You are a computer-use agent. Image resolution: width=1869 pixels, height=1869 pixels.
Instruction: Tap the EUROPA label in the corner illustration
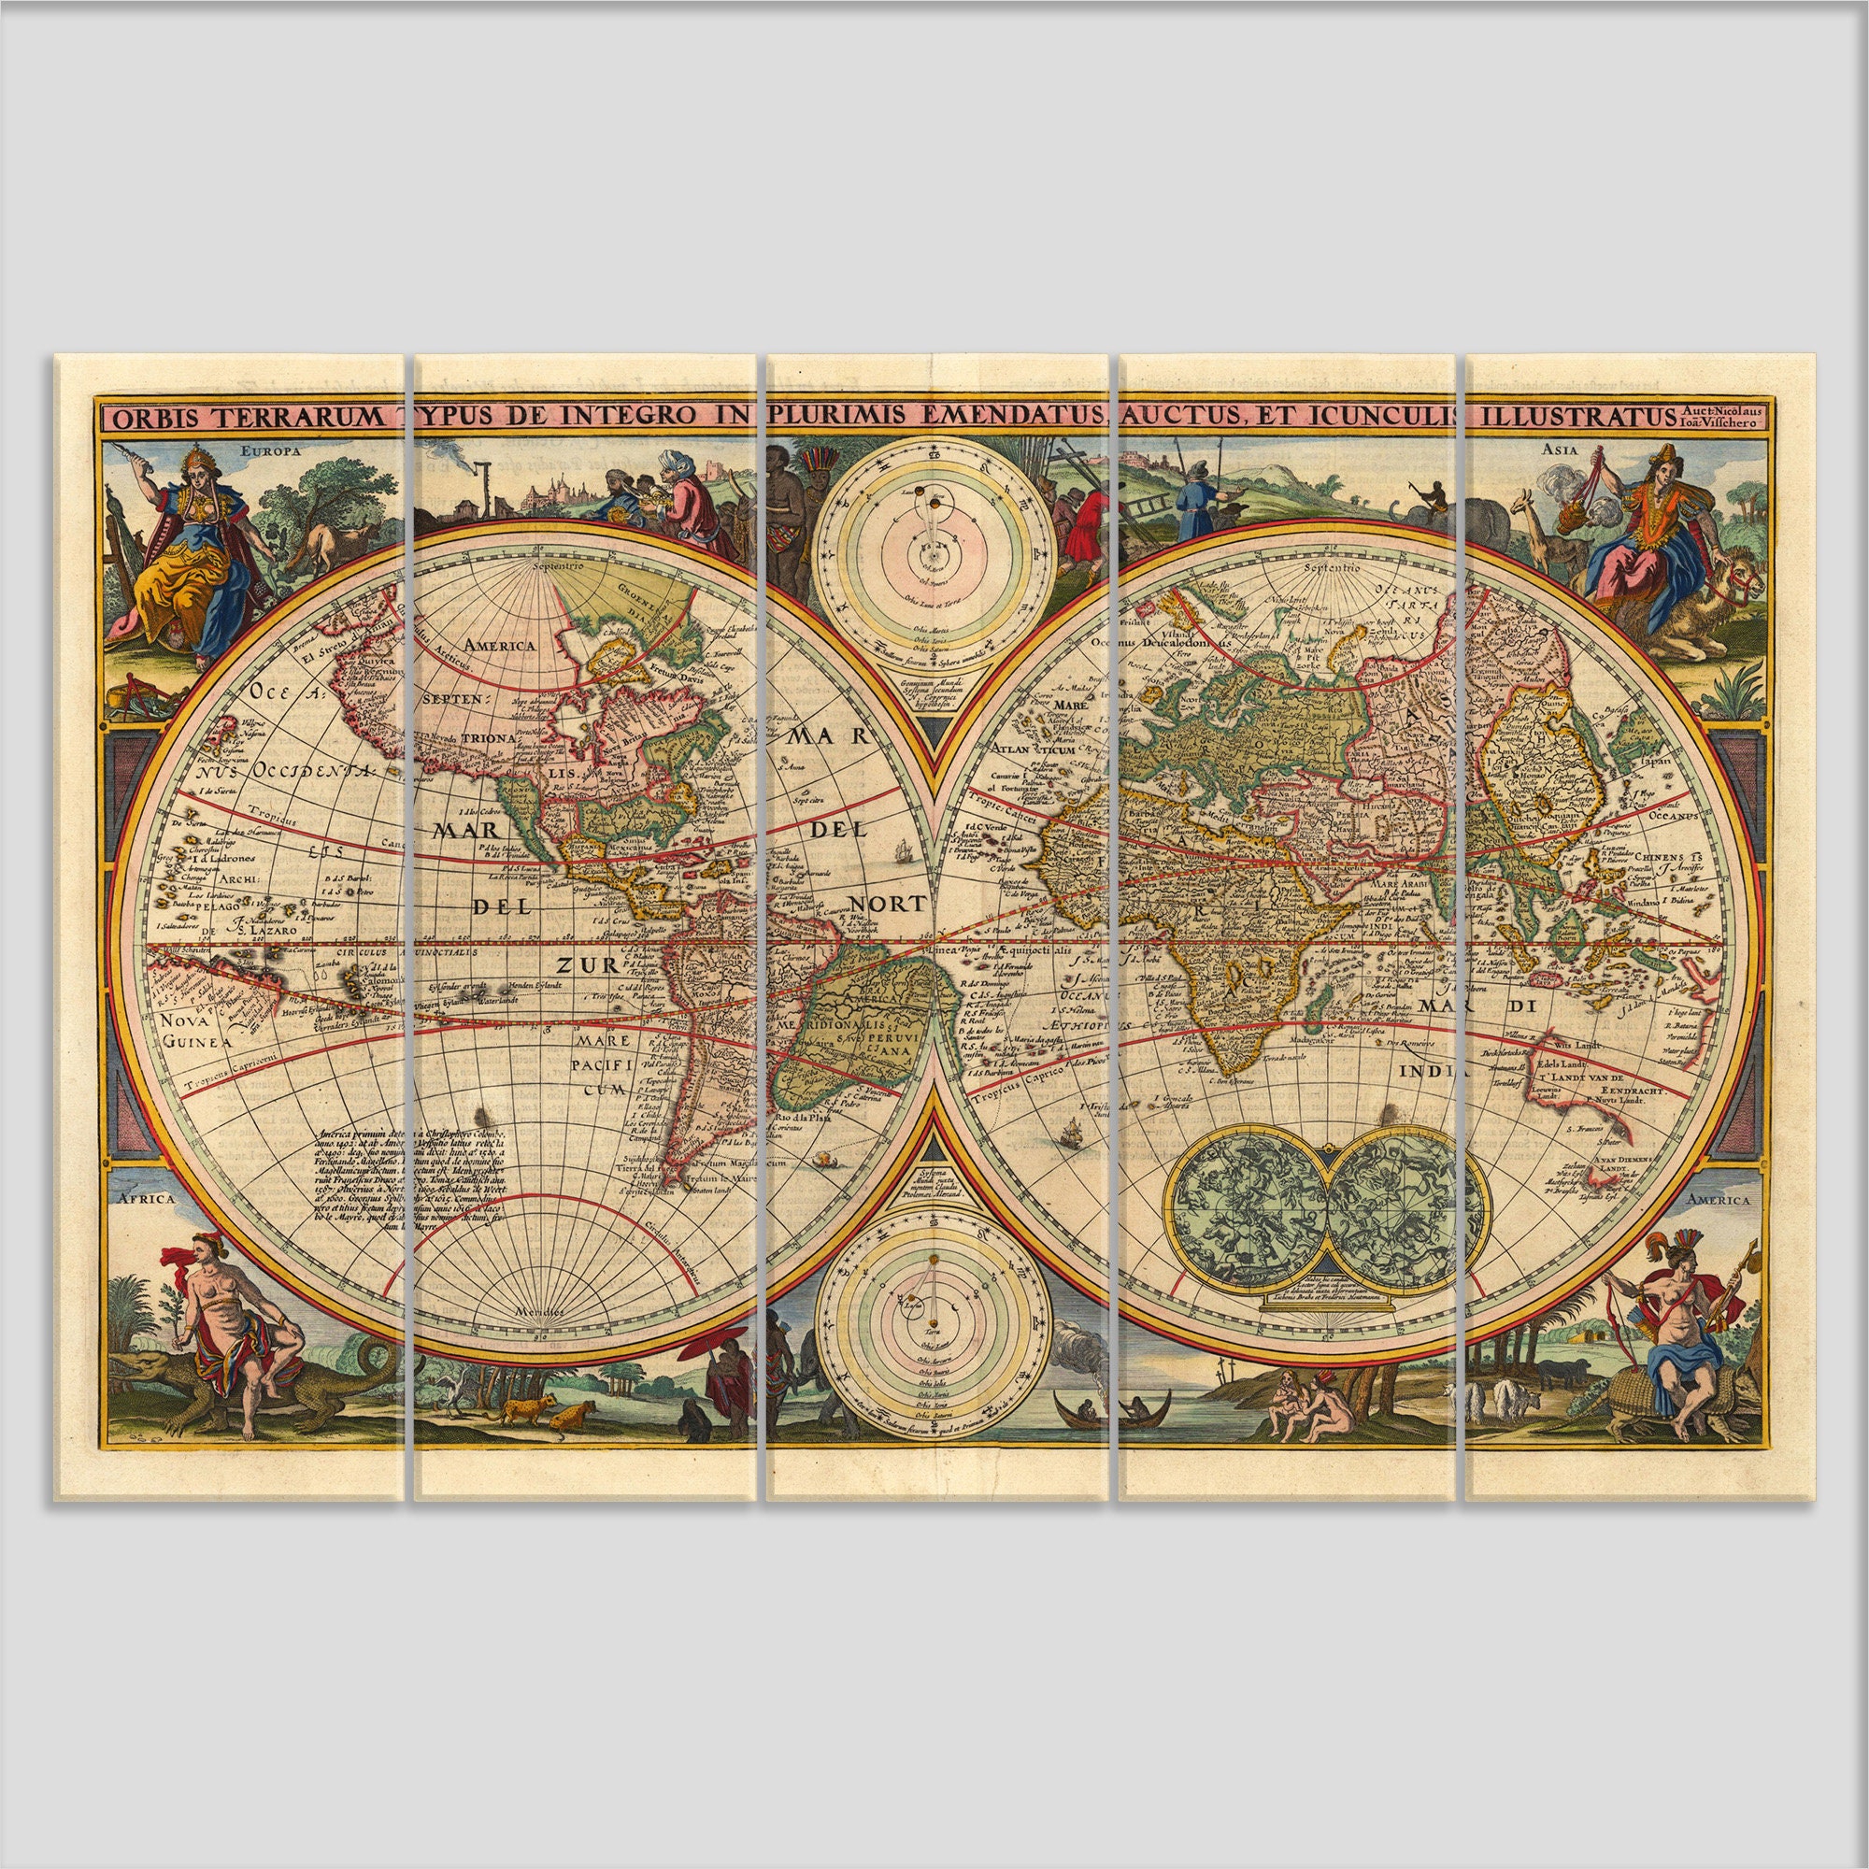click(272, 450)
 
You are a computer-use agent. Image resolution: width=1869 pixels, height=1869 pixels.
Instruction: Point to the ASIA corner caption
click(1560, 449)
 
